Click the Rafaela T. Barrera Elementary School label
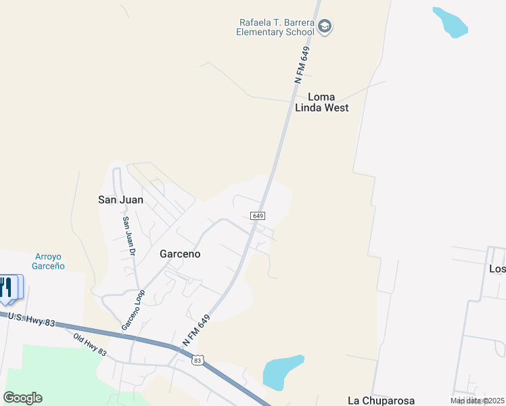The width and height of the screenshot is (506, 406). click(x=276, y=27)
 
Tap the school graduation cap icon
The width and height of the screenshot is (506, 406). click(x=325, y=27)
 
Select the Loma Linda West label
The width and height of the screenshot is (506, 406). click(x=322, y=102)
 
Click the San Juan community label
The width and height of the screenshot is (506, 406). click(x=121, y=200)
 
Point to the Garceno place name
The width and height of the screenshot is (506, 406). click(x=180, y=254)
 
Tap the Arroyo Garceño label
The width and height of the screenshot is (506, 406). click(x=49, y=261)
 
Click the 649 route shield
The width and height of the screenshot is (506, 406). click(x=257, y=215)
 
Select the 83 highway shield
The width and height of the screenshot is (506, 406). click(x=198, y=361)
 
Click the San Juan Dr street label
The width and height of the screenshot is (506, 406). click(x=129, y=235)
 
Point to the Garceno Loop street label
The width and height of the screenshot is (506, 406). click(x=133, y=310)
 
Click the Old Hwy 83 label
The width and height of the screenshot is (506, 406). click(x=90, y=343)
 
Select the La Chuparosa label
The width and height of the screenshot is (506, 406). click(x=381, y=401)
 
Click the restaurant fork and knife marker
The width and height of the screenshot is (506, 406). click(x=7, y=287)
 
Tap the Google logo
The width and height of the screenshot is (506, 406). click(x=22, y=398)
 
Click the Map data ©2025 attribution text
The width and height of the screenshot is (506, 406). click(x=478, y=401)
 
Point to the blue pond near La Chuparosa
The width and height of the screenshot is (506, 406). click(x=281, y=373)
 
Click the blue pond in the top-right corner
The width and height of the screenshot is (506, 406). click(x=451, y=22)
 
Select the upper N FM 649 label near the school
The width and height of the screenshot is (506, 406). click(x=302, y=65)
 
